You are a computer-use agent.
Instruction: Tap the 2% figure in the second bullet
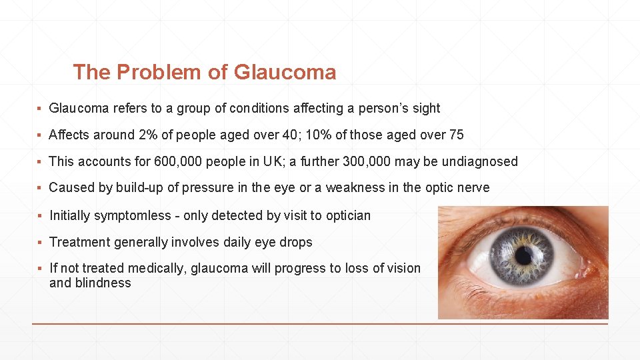pyautogui.click(x=147, y=135)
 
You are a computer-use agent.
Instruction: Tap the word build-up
pyautogui.click(x=139, y=188)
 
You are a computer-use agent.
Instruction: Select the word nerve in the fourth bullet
pyautogui.click(x=473, y=188)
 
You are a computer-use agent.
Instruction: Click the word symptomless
pyautogui.click(x=133, y=215)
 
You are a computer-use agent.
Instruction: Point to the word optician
pyautogui.click(x=347, y=215)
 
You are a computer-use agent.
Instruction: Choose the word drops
pyautogui.click(x=296, y=242)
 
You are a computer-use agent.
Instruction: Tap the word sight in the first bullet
pyautogui.click(x=426, y=108)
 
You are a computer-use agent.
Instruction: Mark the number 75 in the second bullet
pyautogui.click(x=456, y=135)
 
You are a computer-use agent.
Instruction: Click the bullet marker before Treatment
pyautogui.click(x=41, y=243)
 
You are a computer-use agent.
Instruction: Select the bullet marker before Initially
pyautogui.click(x=41, y=216)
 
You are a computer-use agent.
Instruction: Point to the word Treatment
pyautogui.click(x=78, y=242)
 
